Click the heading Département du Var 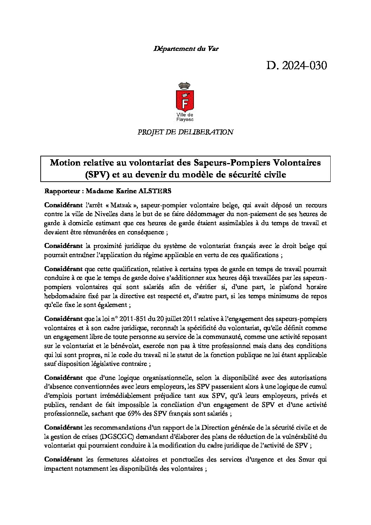pyautogui.click(x=186, y=49)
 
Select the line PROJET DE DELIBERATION pyautogui.click(x=185, y=132)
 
